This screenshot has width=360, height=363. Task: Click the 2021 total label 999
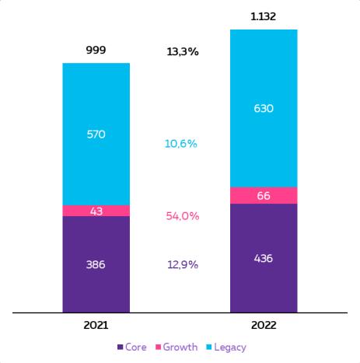(x=96, y=50)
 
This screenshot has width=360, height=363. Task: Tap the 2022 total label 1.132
(x=264, y=16)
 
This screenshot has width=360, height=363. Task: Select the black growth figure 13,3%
(x=183, y=51)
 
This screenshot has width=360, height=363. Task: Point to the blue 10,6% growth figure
(x=181, y=144)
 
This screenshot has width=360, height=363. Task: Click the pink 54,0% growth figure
(x=183, y=216)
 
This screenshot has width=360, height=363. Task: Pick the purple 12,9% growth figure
(x=183, y=264)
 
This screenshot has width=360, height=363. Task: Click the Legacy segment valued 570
(x=96, y=134)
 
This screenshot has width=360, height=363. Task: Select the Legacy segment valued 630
(x=264, y=108)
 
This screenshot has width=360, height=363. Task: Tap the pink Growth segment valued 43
(x=96, y=211)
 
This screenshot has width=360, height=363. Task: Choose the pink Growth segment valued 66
(x=264, y=196)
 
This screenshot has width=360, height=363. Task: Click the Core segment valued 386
(x=96, y=264)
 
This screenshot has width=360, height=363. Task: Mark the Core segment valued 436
(x=264, y=258)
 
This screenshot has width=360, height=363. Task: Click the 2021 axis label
(x=96, y=325)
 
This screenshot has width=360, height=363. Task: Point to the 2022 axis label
(x=264, y=325)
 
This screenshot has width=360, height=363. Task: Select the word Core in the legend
(x=136, y=347)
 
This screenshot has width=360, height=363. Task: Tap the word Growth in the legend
(x=180, y=347)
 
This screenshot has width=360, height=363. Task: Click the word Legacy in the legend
(x=230, y=347)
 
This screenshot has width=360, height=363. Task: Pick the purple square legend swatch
(x=120, y=347)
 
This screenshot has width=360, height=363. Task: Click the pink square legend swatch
(x=158, y=347)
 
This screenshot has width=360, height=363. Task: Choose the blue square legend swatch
(x=209, y=347)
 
